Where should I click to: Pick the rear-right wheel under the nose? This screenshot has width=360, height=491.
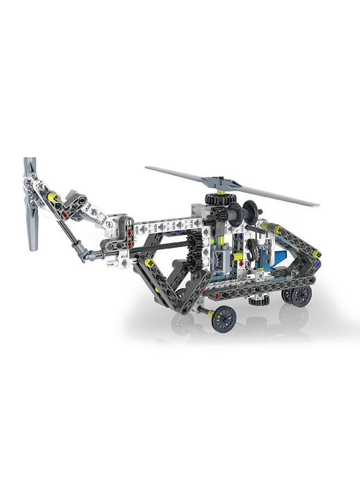click(300, 296)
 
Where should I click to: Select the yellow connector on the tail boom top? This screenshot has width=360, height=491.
click(53, 196)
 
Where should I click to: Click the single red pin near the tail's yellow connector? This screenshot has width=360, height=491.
click(64, 214)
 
